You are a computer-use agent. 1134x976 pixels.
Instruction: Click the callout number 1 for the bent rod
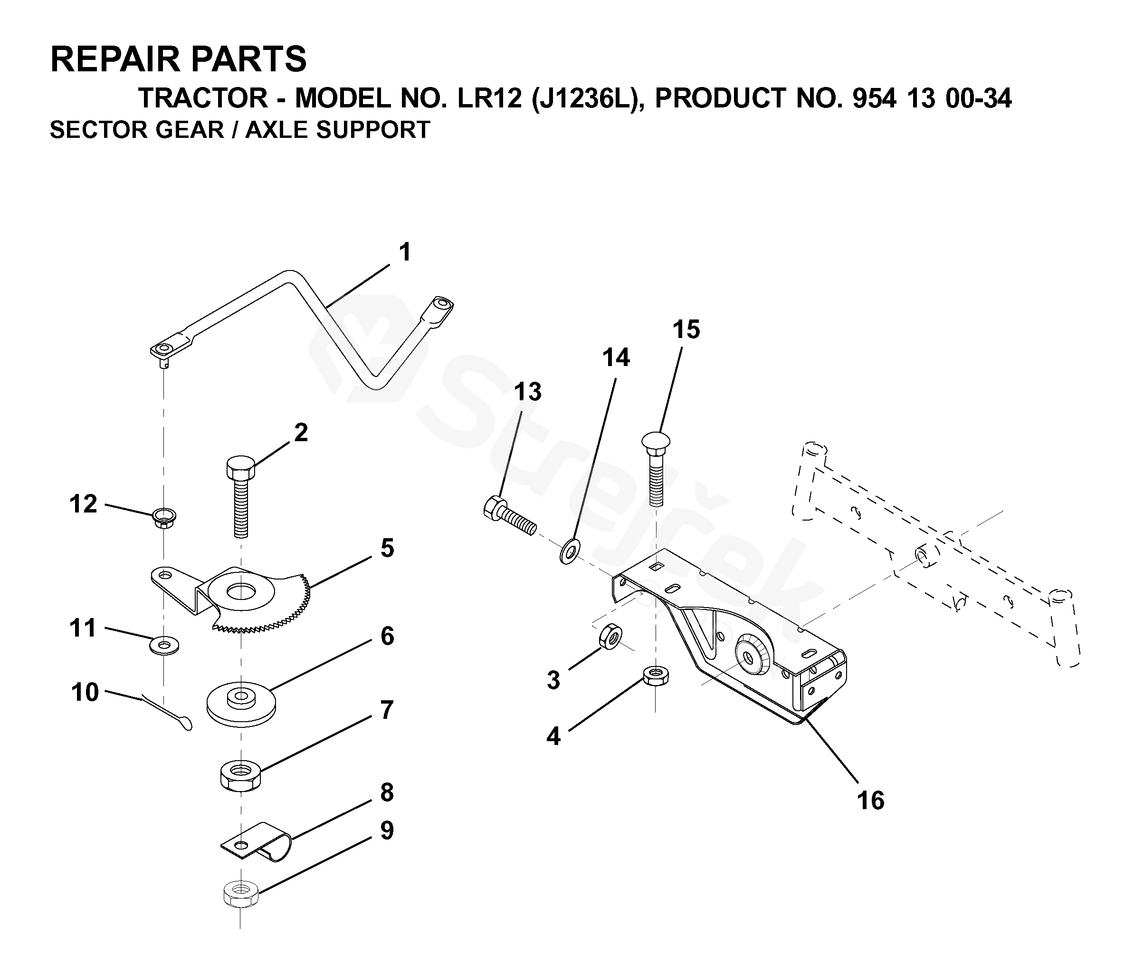404,252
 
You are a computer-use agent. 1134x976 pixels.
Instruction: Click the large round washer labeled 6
240,704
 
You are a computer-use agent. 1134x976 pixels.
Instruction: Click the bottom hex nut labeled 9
241,894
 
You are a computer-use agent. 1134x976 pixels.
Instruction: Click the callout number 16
870,800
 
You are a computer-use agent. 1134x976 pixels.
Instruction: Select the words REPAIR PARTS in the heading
179,59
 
